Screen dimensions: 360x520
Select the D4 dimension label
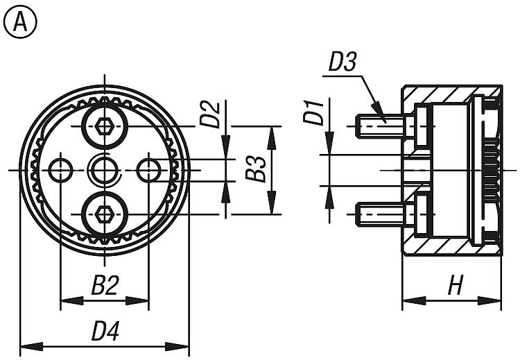105,332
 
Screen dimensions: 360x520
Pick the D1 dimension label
314,112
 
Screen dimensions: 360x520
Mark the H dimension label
455,286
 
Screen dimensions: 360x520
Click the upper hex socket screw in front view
105,127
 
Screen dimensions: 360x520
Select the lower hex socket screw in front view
105,214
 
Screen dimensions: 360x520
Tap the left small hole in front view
61,169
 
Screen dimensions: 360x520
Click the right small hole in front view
148,169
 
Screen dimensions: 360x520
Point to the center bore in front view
105,169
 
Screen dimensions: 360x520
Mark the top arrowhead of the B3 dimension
271,134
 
